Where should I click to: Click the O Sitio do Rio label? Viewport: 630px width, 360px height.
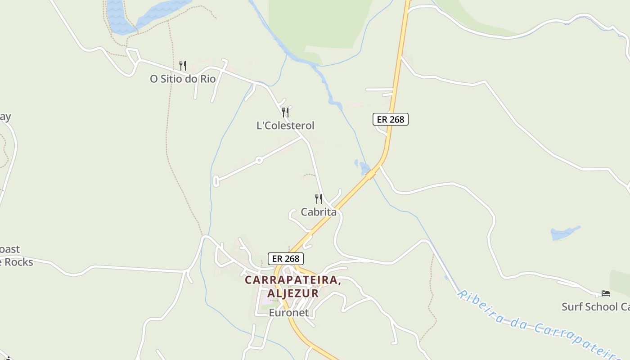pos(183,79)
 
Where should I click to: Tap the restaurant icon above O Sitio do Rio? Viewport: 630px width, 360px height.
pos(183,66)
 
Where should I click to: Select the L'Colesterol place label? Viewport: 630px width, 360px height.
pos(285,126)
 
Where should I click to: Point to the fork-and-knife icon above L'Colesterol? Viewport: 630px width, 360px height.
pos(285,112)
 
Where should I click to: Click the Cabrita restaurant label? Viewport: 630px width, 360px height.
pos(319,212)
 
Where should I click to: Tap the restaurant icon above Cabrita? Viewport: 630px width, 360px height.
pos(319,198)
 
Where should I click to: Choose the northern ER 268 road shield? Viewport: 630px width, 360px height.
pos(391,119)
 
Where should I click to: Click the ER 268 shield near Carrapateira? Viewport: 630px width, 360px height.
pos(286,259)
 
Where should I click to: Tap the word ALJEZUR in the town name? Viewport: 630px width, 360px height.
pos(293,293)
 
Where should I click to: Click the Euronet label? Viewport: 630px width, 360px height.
pos(289,312)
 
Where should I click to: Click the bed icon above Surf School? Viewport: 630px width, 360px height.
pos(606,293)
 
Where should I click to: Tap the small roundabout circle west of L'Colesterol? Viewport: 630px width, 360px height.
pos(259,160)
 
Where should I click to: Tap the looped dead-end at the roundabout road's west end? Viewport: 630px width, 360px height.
pos(216,181)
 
